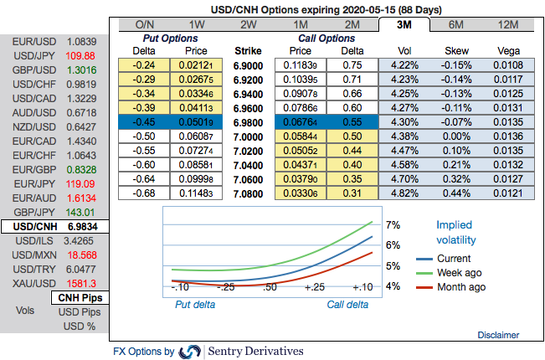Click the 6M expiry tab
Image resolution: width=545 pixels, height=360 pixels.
pyautogui.click(x=456, y=25)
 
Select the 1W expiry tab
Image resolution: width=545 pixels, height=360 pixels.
pyautogui.click(x=198, y=25)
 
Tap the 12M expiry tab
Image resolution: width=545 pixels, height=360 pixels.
pyautogui.click(x=507, y=25)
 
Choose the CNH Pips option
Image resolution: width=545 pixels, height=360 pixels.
pyautogui.click(x=80, y=298)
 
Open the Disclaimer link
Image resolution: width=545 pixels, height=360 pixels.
pyautogui.click(x=498, y=335)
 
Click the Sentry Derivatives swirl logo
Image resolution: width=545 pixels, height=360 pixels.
pyautogui.click(x=190, y=351)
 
